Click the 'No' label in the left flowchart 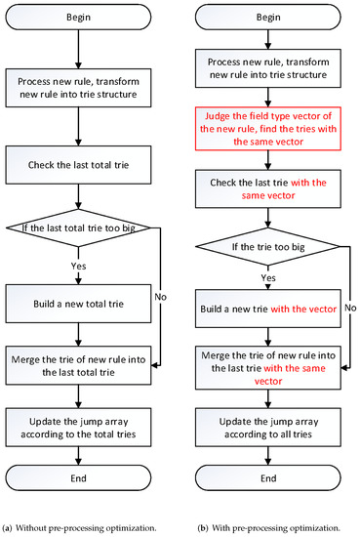[x=172, y=292]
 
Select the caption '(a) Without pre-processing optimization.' [x=85, y=528]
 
